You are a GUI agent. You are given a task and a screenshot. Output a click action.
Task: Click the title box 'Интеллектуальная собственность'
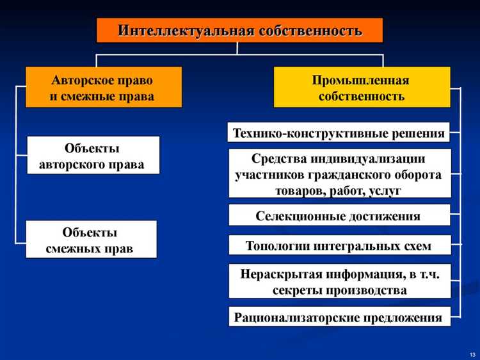point(239,30)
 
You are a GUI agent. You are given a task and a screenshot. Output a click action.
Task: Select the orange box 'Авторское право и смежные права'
point(103,87)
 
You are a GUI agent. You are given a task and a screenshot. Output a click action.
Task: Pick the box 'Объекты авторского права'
point(92,156)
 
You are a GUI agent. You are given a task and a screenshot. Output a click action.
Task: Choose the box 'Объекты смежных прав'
point(91,240)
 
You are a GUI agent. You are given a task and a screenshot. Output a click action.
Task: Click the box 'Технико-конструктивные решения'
point(339,133)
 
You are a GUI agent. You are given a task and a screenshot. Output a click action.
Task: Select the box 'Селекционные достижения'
point(339,216)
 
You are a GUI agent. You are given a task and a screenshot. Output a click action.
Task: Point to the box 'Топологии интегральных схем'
point(339,245)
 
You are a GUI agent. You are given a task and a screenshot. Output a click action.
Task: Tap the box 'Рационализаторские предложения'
point(339,317)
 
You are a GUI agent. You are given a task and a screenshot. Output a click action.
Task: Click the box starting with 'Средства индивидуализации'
point(339,174)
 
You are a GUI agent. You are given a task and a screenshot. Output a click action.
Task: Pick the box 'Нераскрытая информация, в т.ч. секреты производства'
point(339,281)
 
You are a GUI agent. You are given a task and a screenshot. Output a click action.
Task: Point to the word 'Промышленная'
point(361,81)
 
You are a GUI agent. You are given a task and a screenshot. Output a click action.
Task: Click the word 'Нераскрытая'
point(279,274)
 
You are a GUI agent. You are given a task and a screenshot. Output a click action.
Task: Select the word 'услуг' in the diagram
point(385,190)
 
